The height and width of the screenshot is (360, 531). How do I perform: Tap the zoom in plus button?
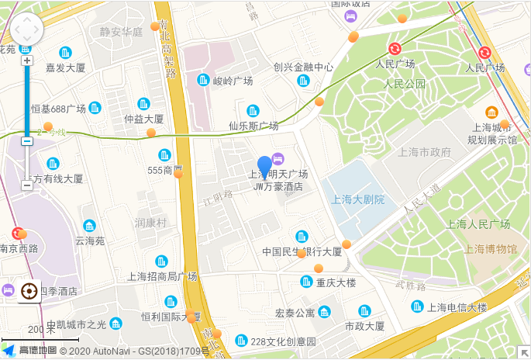[x=27, y=61]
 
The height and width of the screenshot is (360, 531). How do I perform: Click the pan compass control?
[x=27, y=29]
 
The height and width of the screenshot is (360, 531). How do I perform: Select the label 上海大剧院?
[x=357, y=199]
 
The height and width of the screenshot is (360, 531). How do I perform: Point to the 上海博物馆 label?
[x=490, y=248]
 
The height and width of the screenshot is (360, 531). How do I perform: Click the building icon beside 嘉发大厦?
[x=65, y=53]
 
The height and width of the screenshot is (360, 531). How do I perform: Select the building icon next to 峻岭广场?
[x=203, y=80]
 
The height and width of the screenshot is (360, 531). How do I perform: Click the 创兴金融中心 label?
[x=303, y=67]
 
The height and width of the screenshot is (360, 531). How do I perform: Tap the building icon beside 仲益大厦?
[x=143, y=104]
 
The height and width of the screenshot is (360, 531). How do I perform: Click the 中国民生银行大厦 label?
[x=302, y=251]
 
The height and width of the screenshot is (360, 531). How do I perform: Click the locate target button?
[x=29, y=292]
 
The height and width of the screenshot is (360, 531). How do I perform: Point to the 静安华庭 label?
[x=121, y=32]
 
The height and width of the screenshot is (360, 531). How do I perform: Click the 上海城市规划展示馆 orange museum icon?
[x=491, y=112]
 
